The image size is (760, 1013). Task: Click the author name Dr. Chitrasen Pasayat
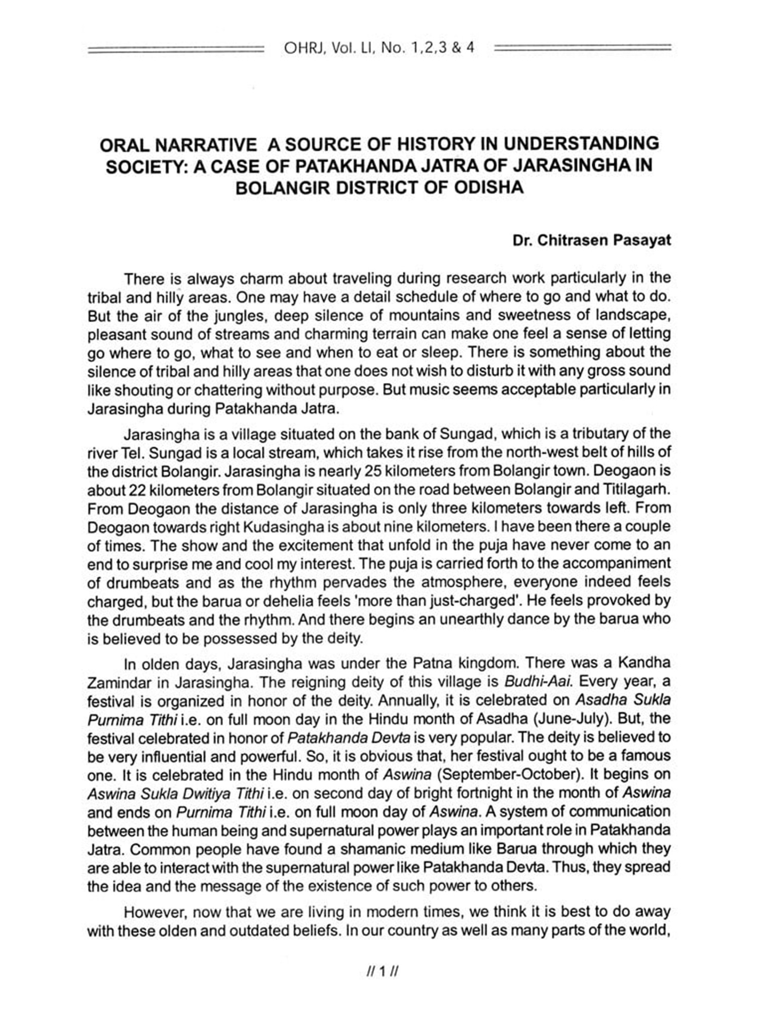(592, 240)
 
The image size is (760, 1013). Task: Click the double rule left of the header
(175, 49)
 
